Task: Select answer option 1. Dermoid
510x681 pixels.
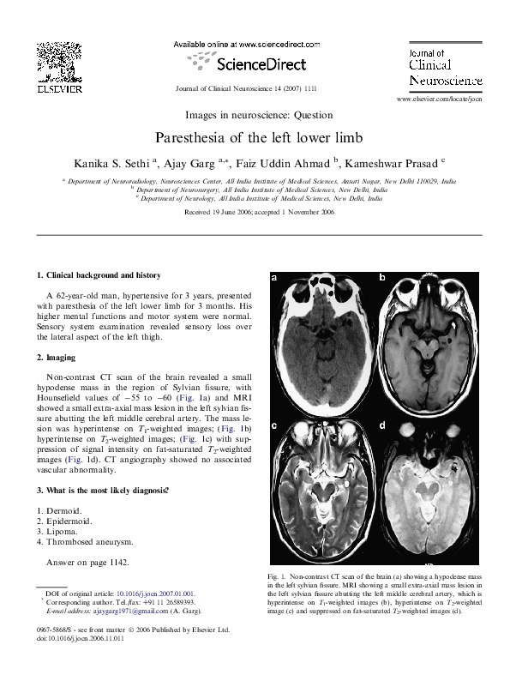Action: [x=61, y=509]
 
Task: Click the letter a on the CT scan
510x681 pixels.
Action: [x=274, y=278]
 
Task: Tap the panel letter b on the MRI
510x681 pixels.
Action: [x=382, y=278]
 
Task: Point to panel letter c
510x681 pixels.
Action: [x=274, y=425]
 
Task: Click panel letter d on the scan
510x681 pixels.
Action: [x=382, y=425]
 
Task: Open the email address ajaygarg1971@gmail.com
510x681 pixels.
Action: [x=133, y=610]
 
